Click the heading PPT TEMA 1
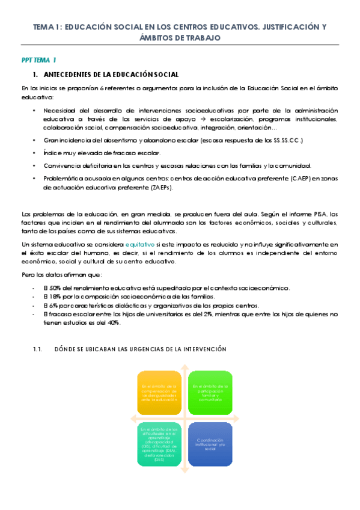[x=38, y=60]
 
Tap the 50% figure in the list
[x=52, y=288]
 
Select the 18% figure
[x=52, y=297]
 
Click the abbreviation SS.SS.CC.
[x=285, y=140]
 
